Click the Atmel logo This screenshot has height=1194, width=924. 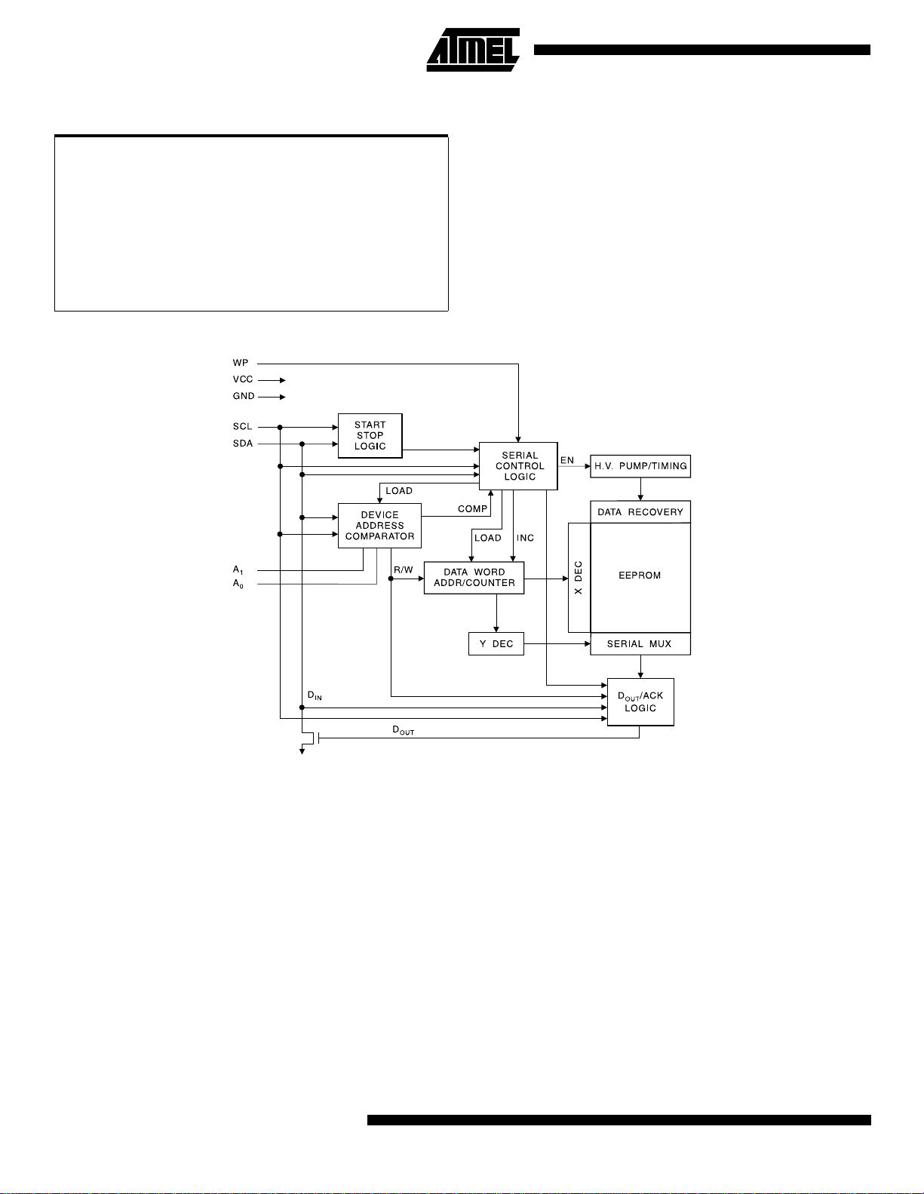click(x=473, y=50)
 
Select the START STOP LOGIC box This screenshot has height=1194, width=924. click(x=370, y=436)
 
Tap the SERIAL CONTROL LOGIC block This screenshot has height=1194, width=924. click(x=519, y=466)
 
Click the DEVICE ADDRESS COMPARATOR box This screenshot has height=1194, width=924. click(x=379, y=526)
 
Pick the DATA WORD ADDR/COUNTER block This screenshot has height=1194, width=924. click(x=474, y=578)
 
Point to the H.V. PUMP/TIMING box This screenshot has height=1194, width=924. click(x=640, y=466)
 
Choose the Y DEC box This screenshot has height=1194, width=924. click(x=496, y=643)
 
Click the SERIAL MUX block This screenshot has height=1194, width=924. click(x=640, y=643)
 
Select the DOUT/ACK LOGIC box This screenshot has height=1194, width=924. click(x=640, y=701)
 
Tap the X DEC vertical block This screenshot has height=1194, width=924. click(x=579, y=578)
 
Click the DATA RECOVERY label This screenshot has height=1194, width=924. click(x=640, y=512)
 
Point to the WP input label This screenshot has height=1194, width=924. click(x=241, y=363)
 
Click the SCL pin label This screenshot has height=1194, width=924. click(x=242, y=426)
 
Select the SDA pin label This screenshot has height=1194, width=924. click(x=243, y=444)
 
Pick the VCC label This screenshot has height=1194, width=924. click(x=243, y=379)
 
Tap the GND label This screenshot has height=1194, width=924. click(x=244, y=396)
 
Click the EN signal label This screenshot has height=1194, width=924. click(x=567, y=460)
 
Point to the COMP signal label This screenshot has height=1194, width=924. click(x=472, y=509)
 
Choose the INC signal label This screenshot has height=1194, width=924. click(x=525, y=538)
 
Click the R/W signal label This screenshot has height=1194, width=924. click(x=404, y=569)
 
